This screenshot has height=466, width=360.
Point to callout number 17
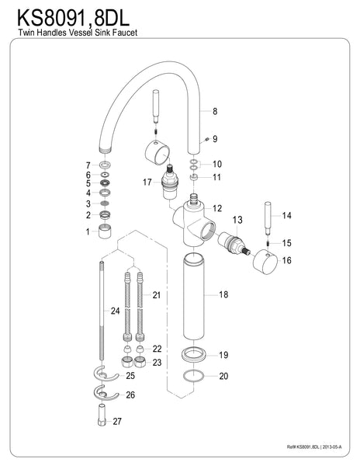click(x=146, y=183)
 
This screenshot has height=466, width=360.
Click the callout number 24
click(x=116, y=311)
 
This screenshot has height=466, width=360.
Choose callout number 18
click(x=223, y=295)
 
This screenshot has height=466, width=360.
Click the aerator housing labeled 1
click(x=104, y=232)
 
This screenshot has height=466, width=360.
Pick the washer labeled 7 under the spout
click(x=104, y=165)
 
